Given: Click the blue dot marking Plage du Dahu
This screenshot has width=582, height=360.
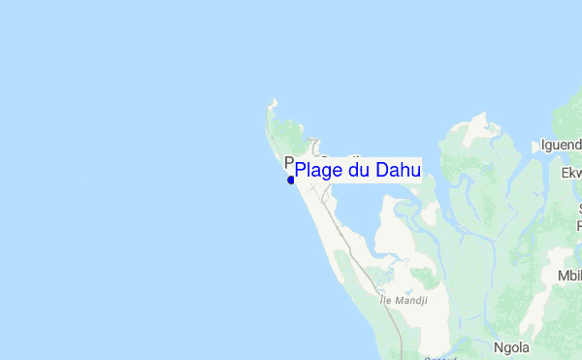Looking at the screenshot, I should (290, 180).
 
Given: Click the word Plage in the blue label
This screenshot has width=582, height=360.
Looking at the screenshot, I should (320, 171).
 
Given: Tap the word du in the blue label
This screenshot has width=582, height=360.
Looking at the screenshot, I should (360, 170).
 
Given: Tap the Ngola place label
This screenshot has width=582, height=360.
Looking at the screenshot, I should (511, 346).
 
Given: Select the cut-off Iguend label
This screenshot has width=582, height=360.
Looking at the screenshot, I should (561, 147).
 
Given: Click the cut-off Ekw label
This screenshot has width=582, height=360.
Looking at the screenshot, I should (570, 174).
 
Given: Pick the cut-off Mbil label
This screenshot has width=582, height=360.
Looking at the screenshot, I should (568, 276).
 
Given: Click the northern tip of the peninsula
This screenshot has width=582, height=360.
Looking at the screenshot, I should (275, 100).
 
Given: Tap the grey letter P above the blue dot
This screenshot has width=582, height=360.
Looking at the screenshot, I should (288, 163).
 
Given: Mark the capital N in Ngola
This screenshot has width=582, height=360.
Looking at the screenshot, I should (498, 346).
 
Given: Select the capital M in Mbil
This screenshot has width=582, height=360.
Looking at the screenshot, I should (562, 276).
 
